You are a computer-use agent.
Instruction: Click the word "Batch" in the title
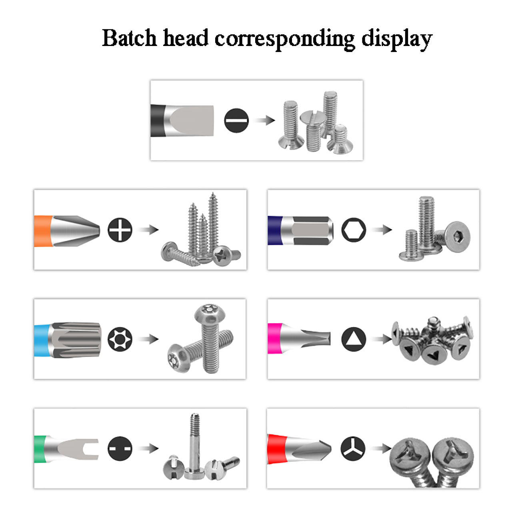[129, 38]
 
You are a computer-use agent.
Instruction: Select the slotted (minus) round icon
[236, 120]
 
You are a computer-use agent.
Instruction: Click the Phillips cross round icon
[120, 230]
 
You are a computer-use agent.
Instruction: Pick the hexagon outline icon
[354, 230]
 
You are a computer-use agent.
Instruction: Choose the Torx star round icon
[120, 339]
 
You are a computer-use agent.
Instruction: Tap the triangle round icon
[354, 339]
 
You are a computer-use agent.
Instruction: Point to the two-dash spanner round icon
[120, 448]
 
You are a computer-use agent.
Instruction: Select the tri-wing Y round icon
[353, 448]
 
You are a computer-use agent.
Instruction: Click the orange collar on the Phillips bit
[43, 231]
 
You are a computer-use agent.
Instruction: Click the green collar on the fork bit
[40, 449]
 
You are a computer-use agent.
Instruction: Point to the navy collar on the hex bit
[274, 230]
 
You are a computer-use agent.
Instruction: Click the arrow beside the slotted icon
[264, 120]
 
